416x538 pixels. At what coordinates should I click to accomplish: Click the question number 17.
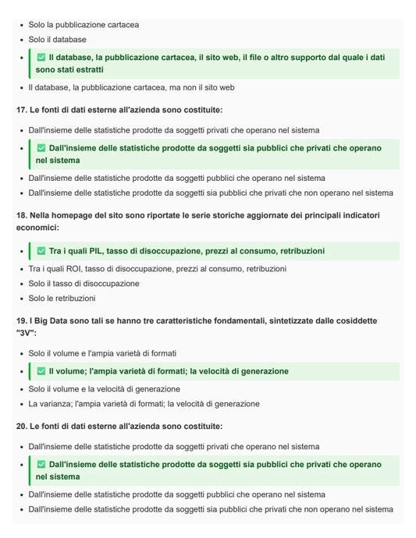coord(21,110)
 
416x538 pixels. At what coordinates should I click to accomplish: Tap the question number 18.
coord(21,214)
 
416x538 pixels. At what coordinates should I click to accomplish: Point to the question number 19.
coord(21,320)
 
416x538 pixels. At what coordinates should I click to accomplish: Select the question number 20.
coord(21,427)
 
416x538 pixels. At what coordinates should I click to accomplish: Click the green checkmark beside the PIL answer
coord(41,251)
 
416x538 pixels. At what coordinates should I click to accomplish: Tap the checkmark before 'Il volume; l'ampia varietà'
coord(41,371)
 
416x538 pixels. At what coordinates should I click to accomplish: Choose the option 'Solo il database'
coord(58,40)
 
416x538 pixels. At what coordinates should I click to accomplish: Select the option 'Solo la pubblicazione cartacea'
coord(84,25)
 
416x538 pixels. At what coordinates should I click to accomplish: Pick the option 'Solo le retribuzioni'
coord(62,299)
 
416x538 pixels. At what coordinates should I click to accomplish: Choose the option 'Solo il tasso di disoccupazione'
coord(84,284)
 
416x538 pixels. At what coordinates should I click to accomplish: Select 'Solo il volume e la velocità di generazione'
coord(104,389)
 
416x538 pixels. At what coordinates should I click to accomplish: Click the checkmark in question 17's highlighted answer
coord(41,148)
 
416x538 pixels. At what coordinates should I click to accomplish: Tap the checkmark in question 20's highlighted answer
coord(41,464)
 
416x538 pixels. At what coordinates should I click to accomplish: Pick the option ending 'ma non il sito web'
coord(131,88)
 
